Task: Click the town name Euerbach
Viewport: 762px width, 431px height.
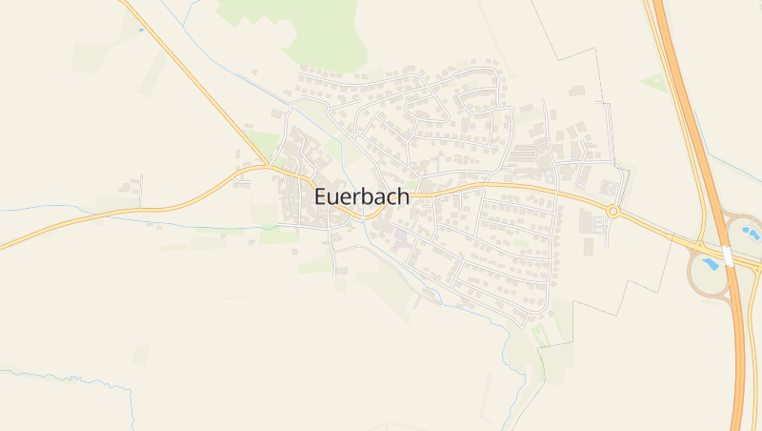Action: [x=362, y=197]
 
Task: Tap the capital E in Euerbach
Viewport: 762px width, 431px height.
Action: [x=321, y=197]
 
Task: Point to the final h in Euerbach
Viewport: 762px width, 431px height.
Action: [x=404, y=196]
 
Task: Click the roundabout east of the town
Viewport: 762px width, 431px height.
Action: [x=612, y=211]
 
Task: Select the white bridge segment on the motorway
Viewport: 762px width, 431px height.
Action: [x=727, y=257]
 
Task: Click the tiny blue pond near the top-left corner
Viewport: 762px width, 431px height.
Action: [x=142, y=30]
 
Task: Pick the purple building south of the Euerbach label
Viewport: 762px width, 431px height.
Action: [x=401, y=236]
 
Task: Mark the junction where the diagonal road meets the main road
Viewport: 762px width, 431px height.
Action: [x=270, y=166]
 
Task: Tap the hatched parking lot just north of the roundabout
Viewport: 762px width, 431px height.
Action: [x=607, y=187]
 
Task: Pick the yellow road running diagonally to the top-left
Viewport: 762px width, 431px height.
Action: [x=190, y=76]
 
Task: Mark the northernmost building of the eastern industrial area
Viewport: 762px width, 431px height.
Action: [x=576, y=91]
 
